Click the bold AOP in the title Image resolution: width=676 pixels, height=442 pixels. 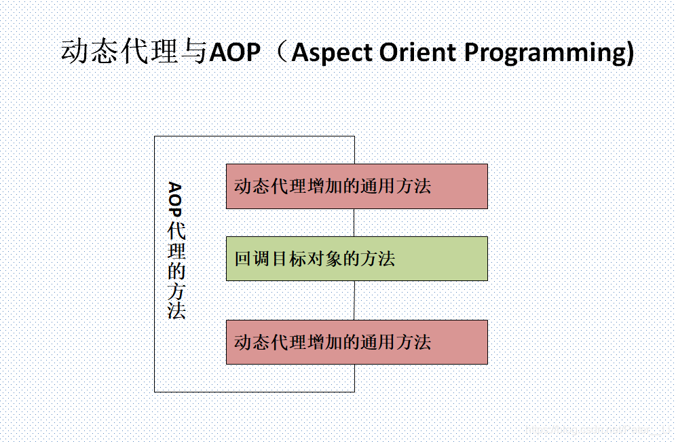point(235,52)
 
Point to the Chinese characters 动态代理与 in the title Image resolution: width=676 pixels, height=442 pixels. point(133,52)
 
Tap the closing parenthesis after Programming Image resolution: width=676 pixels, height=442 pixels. point(629,54)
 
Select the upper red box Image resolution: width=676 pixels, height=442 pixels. point(356,186)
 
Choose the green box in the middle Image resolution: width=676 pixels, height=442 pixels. point(356,259)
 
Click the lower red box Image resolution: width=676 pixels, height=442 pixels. point(356,342)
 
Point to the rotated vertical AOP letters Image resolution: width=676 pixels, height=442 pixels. point(175,200)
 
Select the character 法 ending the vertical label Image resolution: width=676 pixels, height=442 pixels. point(176,310)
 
